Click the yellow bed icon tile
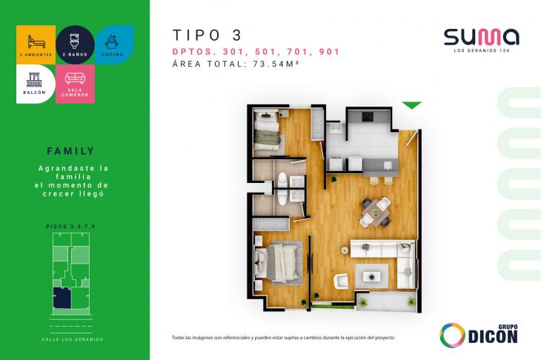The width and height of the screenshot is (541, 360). click(x=35, y=43)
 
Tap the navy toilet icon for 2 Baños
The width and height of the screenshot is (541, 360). click(x=75, y=43)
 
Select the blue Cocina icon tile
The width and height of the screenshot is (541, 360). click(x=114, y=43)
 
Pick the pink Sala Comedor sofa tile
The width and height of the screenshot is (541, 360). click(x=75, y=84)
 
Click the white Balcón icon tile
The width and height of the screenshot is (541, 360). click(x=35, y=83)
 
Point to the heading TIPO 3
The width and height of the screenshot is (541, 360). click(x=207, y=35)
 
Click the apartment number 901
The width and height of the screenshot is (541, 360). click(x=328, y=52)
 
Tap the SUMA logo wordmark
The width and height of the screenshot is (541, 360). click(x=481, y=36)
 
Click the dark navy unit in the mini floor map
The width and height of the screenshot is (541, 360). click(x=61, y=299)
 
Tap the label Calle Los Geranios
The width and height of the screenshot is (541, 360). click(x=73, y=339)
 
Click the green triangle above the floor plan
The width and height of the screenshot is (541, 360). click(x=411, y=105)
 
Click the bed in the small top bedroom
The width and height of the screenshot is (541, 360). click(x=267, y=135)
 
